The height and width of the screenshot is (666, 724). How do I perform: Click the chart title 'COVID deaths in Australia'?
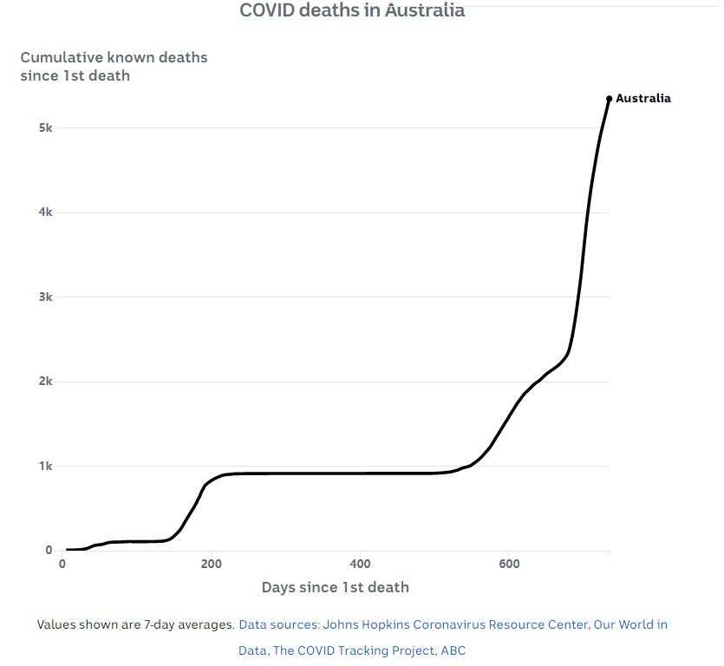[x=351, y=10]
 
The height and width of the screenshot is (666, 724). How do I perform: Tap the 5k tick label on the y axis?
[x=44, y=128]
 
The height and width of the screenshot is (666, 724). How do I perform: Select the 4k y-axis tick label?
[x=44, y=212]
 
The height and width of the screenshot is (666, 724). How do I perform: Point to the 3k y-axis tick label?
[x=44, y=297]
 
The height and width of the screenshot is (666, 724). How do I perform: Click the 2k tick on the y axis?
[x=44, y=382]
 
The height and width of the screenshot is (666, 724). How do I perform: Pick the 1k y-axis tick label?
[x=44, y=467]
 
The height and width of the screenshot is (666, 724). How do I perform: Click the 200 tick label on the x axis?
[x=211, y=565]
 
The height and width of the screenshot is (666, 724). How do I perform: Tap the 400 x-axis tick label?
[x=360, y=565]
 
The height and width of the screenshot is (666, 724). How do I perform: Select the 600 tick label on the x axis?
[x=509, y=565]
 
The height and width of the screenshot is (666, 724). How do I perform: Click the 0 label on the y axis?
[x=49, y=551]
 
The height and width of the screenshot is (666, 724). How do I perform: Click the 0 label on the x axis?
[x=62, y=565]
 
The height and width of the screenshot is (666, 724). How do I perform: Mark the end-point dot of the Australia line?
[x=610, y=99]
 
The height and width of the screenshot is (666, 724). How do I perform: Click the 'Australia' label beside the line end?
[x=642, y=99]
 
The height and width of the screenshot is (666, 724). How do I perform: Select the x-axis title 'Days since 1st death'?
[x=335, y=587]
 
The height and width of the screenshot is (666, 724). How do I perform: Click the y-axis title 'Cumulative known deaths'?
[x=114, y=58]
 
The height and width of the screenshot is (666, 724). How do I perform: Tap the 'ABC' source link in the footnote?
[x=453, y=650]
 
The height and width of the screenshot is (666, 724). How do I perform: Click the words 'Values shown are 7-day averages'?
[x=134, y=624]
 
